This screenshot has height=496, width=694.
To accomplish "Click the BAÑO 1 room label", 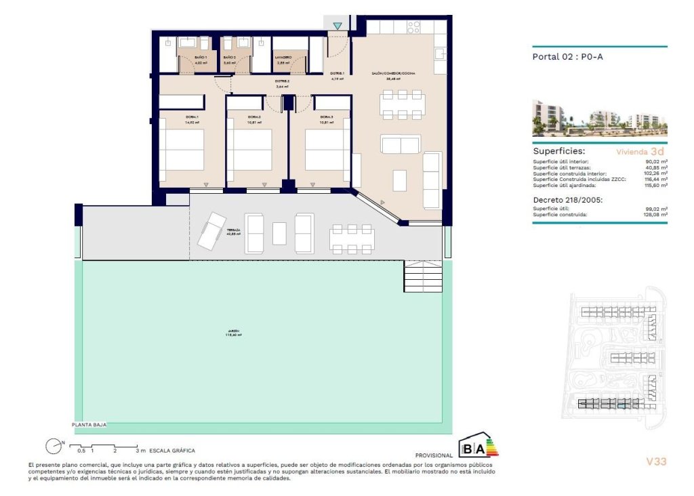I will click(200, 58).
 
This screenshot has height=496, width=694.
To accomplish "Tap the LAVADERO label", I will click(283, 58).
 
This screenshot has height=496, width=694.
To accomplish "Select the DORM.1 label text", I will click(192, 117).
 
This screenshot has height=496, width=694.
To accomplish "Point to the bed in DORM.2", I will click(249, 150).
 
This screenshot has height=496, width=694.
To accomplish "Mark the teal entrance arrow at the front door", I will click(338, 26).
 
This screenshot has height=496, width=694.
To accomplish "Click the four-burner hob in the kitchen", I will click(413, 27).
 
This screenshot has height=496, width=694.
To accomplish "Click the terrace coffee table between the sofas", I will click(280, 233).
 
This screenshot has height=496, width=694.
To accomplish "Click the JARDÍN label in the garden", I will click(234, 333).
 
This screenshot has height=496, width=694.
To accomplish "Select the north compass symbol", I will click(53, 446).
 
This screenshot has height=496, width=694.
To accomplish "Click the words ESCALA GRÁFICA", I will click(173, 451).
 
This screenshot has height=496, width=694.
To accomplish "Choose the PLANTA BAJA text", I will click(89, 425).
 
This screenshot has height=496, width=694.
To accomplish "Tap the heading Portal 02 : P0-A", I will click(567, 57).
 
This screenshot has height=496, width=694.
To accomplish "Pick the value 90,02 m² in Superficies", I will click(655, 162).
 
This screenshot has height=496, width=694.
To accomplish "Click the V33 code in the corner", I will click(657, 461).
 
